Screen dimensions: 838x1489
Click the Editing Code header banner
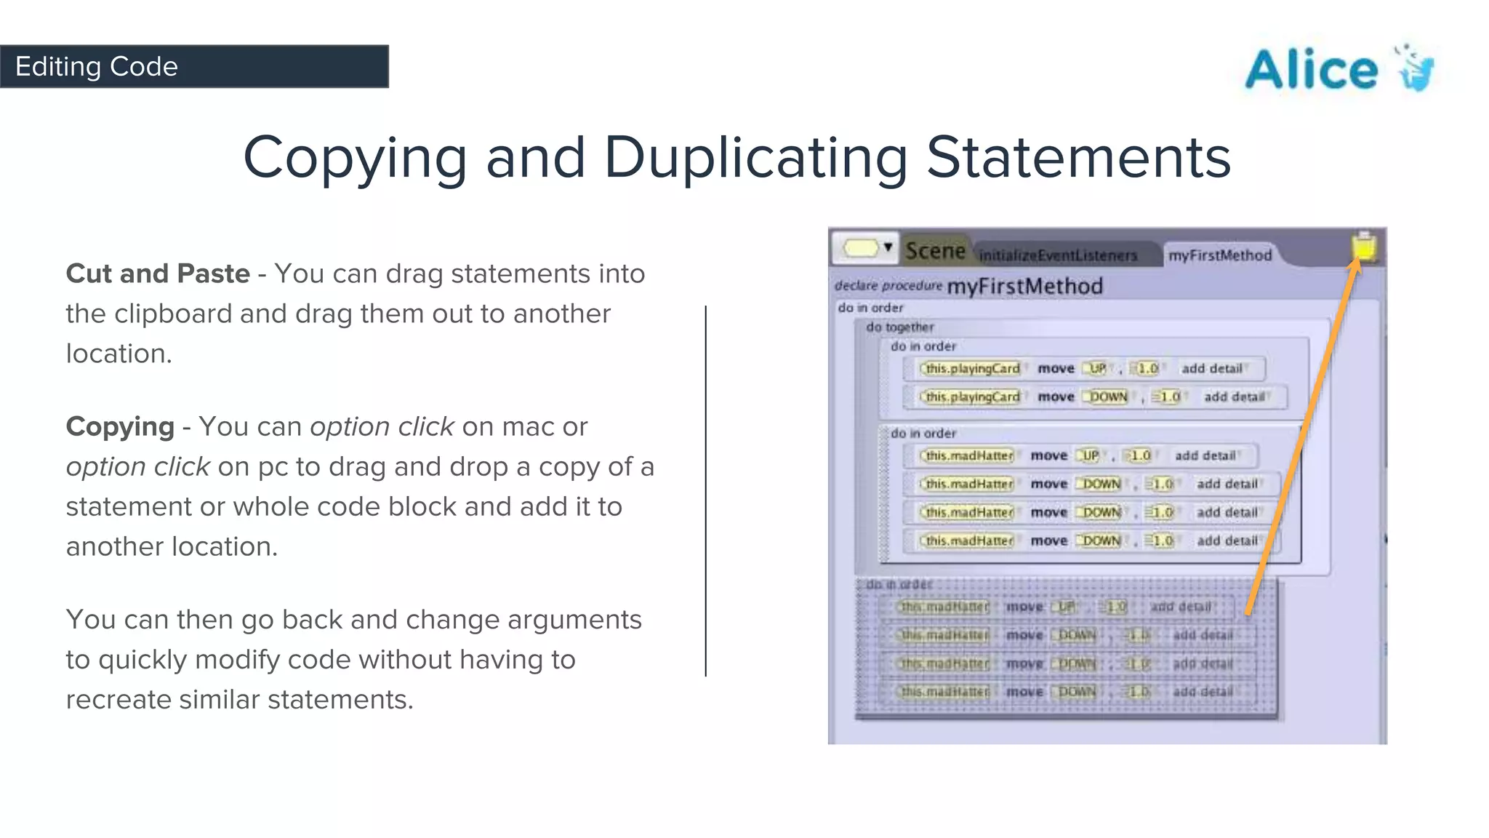[194, 66]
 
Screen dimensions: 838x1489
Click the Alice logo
[1339, 69]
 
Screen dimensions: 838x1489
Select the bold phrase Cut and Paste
[158, 274]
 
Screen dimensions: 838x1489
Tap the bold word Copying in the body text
[120, 426]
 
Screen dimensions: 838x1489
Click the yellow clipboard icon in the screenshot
[1364, 247]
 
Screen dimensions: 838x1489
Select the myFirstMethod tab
[1220, 255]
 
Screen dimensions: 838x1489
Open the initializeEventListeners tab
[1058, 255]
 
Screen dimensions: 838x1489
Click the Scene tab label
[935, 251]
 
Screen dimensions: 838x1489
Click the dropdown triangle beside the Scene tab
[888, 247]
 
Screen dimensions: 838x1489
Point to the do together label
[899, 327]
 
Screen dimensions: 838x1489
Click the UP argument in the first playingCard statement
[1096, 369]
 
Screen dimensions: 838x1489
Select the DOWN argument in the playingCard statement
[1107, 397]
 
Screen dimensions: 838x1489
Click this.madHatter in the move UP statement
[968, 456]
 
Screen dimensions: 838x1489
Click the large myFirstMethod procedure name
[1024, 286]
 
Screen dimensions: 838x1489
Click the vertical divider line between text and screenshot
[705, 491]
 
